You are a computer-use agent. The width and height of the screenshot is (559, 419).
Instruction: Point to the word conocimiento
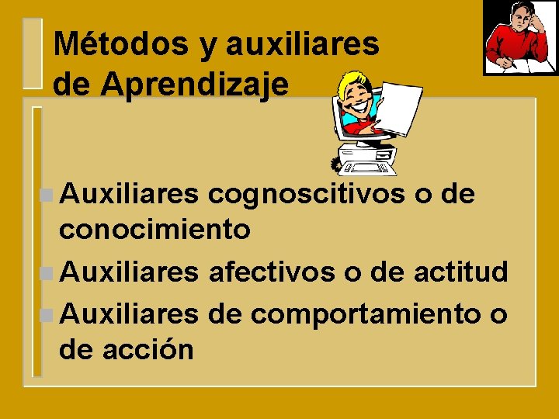pos(155,229)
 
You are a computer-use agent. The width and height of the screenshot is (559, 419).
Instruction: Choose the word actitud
pos(461,272)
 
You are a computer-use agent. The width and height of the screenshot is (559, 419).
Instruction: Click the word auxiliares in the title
pos(302,44)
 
